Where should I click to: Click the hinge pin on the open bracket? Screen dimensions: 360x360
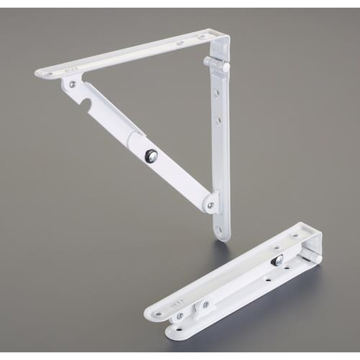pyautogui.click(x=216, y=64)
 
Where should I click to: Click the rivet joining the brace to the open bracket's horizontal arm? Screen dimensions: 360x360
pyautogui.click(x=72, y=84)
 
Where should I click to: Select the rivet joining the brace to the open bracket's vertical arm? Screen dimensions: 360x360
pyautogui.click(x=210, y=205)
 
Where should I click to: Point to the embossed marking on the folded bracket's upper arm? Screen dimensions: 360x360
pyautogui.click(x=180, y=299)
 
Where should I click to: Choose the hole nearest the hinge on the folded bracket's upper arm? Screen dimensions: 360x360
pyautogui.click(x=295, y=234)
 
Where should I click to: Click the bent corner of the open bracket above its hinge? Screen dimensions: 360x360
pyautogui.click(x=220, y=40)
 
